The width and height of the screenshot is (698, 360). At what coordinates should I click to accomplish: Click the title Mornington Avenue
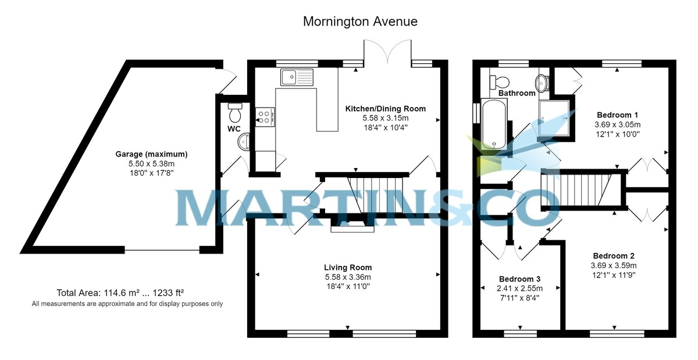click(360, 22)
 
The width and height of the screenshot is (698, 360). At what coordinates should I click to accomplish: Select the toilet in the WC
click(235, 111)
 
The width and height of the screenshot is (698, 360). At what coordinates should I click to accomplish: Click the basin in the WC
click(244, 141)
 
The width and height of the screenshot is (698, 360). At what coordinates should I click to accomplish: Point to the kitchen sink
click(296, 77)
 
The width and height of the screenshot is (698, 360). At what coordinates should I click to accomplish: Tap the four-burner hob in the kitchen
click(265, 117)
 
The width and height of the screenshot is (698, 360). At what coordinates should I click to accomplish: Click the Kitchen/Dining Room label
click(385, 109)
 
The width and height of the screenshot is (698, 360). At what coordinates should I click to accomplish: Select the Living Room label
click(347, 268)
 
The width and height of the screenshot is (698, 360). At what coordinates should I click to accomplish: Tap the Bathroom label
click(517, 93)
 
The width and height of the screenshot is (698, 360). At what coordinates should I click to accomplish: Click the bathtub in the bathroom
click(493, 123)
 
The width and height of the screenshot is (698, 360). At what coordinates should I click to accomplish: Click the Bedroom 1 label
click(617, 115)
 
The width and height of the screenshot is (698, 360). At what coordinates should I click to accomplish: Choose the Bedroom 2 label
click(613, 256)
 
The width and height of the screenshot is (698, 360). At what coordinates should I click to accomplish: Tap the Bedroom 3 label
click(520, 279)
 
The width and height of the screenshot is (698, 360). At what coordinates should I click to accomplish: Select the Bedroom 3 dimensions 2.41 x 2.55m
click(520, 288)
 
